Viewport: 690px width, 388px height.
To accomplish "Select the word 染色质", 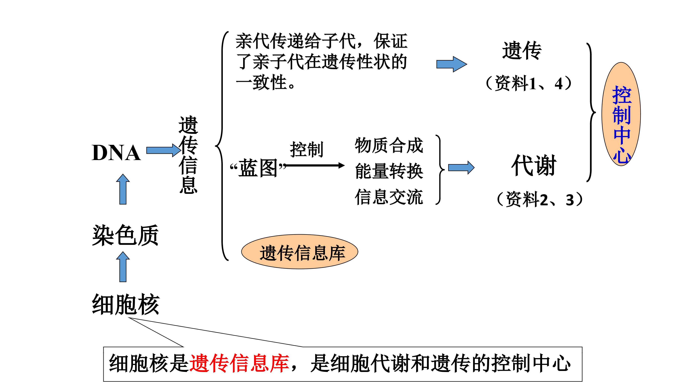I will (x=125, y=236).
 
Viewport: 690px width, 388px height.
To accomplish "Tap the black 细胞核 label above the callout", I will (x=126, y=304).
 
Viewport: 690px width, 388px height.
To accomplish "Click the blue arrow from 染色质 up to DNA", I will (x=123, y=189).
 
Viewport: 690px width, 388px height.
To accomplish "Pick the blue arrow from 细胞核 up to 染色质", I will (x=123, y=267).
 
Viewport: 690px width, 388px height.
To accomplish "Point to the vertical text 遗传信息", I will (x=188, y=155).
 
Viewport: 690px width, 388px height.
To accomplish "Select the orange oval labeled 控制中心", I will (x=621, y=114).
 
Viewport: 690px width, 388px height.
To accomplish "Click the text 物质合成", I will (x=389, y=145).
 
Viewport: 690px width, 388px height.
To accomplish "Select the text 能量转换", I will (x=389, y=171).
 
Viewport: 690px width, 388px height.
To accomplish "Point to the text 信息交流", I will (x=389, y=197).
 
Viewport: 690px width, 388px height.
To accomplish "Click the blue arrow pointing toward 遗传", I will (x=451, y=64).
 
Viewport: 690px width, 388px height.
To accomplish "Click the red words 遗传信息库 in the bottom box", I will (x=239, y=363).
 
